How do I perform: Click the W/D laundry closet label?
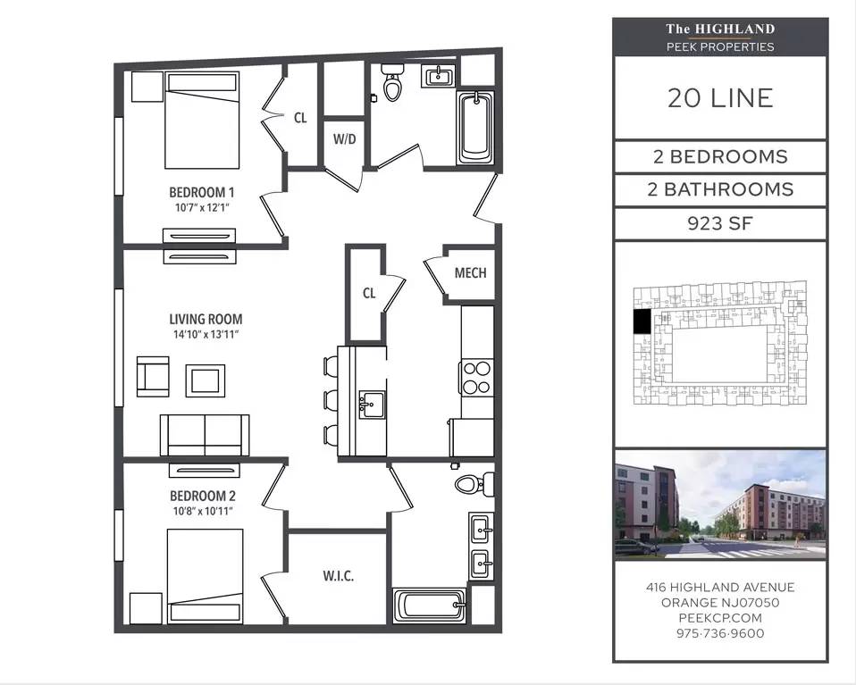(345, 139)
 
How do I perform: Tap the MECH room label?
(471, 272)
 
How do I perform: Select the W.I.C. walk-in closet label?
(339, 575)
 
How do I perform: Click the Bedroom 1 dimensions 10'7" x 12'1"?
(202, 207)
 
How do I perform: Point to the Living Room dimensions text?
(206, 334)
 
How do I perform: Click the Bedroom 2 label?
(203, 496)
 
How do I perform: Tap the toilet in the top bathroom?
(392, 82)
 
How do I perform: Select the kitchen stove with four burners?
(476, 378)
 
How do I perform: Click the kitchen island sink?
(372, 405)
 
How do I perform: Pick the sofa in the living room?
(205, 435)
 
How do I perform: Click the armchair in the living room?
(153, 376)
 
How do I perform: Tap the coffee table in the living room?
(206, 380)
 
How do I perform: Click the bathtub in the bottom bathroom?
(430, 606)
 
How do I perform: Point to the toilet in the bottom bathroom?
(474, 483)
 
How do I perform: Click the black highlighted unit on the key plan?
(642, 322)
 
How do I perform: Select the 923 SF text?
(720, 223)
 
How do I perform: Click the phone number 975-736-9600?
(720, 633)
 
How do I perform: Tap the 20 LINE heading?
(720, 98)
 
